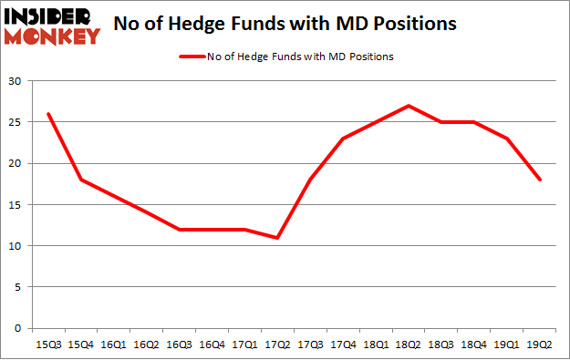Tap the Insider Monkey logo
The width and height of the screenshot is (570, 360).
(51, 25)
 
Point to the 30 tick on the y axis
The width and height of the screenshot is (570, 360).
(16, 82)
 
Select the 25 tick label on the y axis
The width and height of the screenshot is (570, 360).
(16, 123)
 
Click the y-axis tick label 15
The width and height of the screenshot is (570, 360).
(16, 205)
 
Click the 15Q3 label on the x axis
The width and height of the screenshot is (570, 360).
(48, 345)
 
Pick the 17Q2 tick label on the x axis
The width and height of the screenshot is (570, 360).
(276, 345)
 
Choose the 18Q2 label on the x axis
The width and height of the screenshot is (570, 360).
(408, 345)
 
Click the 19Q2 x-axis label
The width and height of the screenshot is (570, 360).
(539, 345)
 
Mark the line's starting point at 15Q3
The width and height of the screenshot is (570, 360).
(48, 114)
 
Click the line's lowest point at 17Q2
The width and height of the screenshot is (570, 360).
(276, 238)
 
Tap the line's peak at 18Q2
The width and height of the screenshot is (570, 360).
(408, 106)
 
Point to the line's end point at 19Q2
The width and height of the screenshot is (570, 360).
(539, 180)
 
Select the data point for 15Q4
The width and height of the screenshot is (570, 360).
(81, 180)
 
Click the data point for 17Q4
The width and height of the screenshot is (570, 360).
(342, 139)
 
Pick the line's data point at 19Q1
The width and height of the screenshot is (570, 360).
(506, 139)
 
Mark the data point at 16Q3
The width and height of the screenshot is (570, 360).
(179, 230)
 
